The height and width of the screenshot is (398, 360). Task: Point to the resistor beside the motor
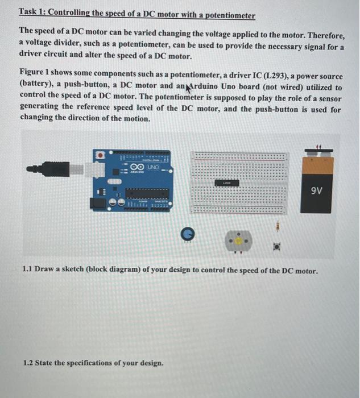click(278, 226)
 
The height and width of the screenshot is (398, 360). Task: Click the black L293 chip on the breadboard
click(226, 183)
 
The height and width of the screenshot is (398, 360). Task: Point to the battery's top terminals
click(316, 150)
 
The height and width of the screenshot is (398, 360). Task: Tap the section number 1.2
click(29, 362)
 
